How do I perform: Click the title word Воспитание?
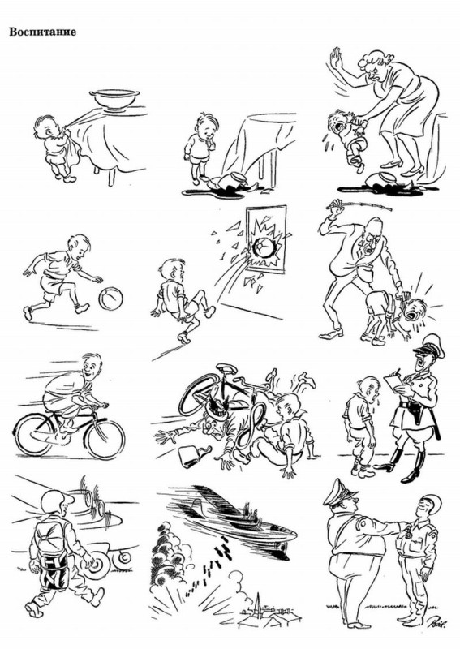coord(43,32)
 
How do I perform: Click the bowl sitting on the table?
coord(114,101)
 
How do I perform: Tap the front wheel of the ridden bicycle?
coord(105,437)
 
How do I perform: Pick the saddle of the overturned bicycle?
coord(226,368)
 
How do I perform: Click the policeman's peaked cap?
coord(429,348)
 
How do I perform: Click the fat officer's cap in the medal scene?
coord(341,492)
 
